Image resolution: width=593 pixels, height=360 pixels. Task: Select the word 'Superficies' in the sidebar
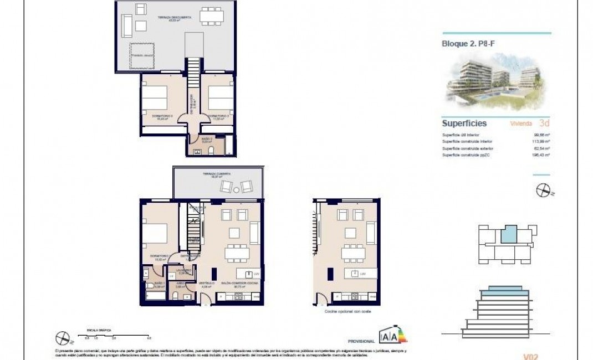(464, 124)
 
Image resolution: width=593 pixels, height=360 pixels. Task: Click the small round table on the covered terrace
(237, 190)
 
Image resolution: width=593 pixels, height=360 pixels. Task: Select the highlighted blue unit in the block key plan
(507, 235)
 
